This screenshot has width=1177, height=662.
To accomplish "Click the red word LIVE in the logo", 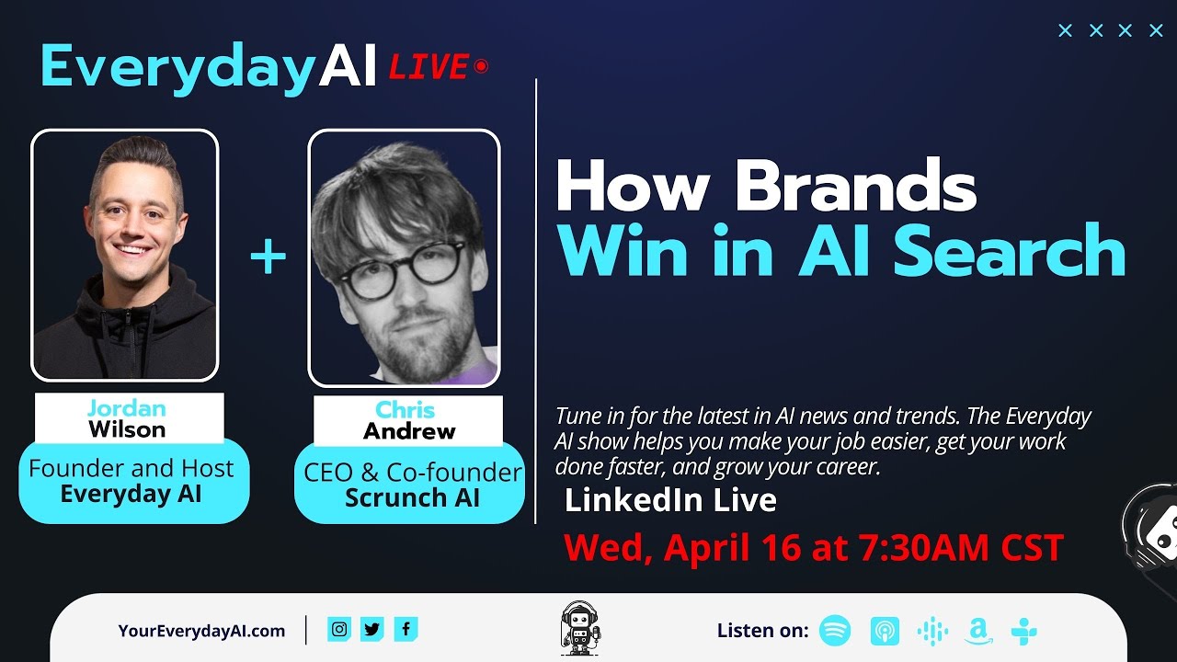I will [x=429, y=68].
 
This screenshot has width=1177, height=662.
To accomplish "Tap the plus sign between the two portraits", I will [x=269, y=257].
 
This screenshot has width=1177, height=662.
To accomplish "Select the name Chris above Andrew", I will [x=406, y=410].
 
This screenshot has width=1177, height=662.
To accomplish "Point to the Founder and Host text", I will [x=131, y=468].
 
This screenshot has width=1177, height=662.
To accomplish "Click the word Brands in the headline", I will [x=856, y=188].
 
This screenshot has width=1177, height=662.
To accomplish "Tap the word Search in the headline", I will [x=1010, y=249].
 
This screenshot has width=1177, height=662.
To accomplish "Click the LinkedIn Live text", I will [x=670, y=500].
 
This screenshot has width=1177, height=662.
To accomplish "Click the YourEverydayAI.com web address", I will [x=201, y=631].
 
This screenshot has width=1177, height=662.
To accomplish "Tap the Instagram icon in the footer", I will [x=339, y=629].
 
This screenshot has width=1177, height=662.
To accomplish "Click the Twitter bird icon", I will [x=372, y=629].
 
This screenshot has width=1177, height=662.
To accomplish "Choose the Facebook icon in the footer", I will [x=406, y=629].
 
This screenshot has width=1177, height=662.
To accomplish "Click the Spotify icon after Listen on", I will [x=835, y=631].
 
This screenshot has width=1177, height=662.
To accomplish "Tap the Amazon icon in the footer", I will [x=978, y=631].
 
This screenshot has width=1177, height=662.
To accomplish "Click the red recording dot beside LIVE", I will [x=481, y=66].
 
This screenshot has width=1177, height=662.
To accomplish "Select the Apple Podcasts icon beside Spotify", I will [x=885, y=631].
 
